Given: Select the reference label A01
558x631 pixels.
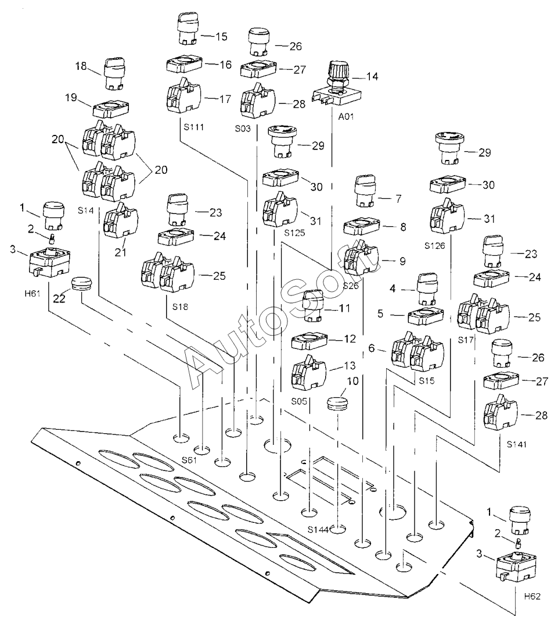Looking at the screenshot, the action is [x=346, y=117].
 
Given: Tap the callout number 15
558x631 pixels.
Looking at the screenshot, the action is [x=221, y=37].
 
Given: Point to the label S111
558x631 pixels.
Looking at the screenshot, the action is [x=194, y=127].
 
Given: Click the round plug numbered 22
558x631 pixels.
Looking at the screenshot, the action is [x=81, y=283].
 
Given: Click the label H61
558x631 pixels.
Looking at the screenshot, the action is [x=32, y=293].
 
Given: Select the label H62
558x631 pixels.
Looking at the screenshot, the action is [x=532, y=596].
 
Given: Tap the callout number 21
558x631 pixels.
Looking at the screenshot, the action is [x=121, y=252].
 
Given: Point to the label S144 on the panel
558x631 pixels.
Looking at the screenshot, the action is [x=318, y=530].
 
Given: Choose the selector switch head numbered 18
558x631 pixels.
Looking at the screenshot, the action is [x=115, y=74].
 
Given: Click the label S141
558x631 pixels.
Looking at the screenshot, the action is [x=516, y=444].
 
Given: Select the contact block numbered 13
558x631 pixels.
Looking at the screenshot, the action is [x=308, y=373].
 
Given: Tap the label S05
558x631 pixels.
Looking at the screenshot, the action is [x=299, y=401].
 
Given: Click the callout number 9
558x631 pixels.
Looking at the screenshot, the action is [x=402, y=262].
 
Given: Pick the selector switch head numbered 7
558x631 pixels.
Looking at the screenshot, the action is [x=365, y=190].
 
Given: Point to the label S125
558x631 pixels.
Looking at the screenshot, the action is [x=294, y=233].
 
